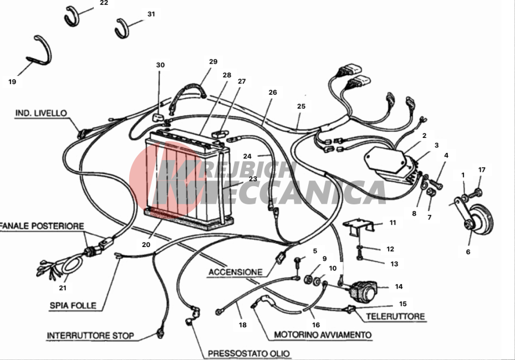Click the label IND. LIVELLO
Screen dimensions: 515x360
41,113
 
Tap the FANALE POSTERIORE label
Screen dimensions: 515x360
42,226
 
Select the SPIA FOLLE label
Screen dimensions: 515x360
73,306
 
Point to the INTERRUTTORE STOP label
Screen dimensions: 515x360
90,336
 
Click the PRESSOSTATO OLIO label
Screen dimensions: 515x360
249,354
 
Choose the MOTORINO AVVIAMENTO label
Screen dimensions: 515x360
323,335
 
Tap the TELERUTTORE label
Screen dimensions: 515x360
395,316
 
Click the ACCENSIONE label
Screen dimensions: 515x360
236,272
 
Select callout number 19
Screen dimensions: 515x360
12,82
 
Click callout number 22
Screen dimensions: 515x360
104,3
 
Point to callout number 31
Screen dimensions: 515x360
151,14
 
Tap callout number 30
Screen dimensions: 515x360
160,65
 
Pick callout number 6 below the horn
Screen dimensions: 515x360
468,251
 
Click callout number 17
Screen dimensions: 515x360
482,169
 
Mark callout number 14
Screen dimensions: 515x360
399,286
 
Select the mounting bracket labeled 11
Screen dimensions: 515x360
359,227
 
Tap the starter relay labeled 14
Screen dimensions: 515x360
364,291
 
